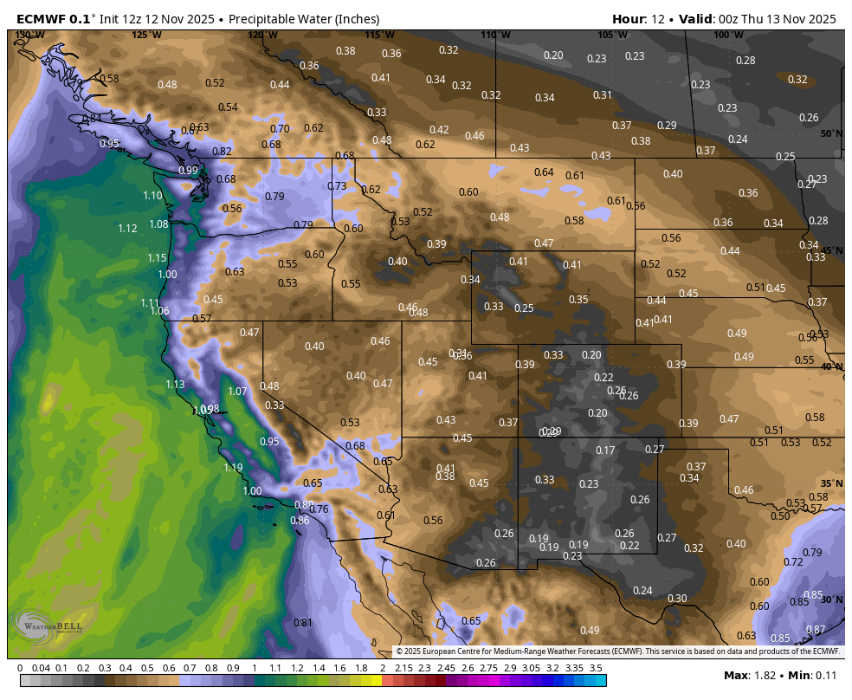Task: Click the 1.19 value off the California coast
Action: [x=233, y=468]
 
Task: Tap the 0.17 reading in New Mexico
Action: [x=605, y=450]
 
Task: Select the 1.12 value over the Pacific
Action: [x=127, y=229]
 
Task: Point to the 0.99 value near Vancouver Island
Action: [x=188, y=171]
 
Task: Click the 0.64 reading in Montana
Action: [x=544, y=172]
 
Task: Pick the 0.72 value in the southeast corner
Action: [x=793, y=562]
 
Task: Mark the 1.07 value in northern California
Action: [x=237, y=392]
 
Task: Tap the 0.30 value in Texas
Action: [x=677, y=599]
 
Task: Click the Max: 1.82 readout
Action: [x=747, y=675]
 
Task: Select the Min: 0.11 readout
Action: [x=812, y=675]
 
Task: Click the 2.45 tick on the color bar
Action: [x=446, y=668]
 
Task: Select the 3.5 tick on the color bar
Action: [x=596, y=668]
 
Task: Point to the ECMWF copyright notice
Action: [x=618, y=651]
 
